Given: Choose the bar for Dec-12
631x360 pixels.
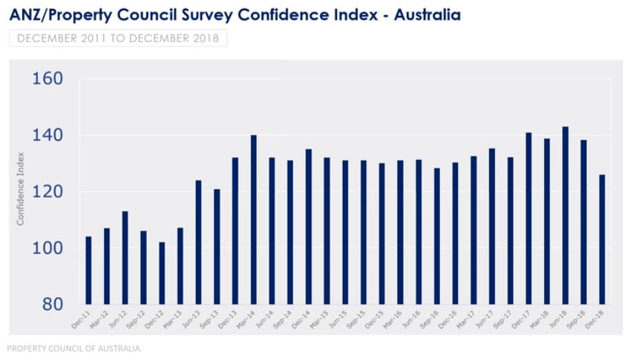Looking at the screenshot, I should pyautogui.click(x=161, y=273).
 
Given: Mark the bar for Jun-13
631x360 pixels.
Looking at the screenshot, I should pyautogui.click(x=199, y=242).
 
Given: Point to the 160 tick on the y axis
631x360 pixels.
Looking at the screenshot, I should pyautogui.click(x=48, y=79).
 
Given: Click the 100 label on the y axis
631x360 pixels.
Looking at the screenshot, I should pyautogui.click(x=48, y=248).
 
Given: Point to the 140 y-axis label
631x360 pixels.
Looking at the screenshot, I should pyautogui.click(x=48, y=135).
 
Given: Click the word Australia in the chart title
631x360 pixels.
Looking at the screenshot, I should pyautogui.click(x=427, y=14).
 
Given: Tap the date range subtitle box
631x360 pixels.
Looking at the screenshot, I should pyautogui.click(x=118, y=38).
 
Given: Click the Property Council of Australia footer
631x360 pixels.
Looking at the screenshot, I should pyautogui.click(x=74, y=349).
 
